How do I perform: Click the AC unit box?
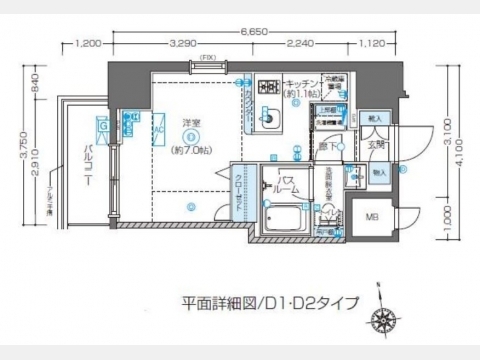tap(158, 129)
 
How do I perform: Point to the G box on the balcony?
tap(102, 127)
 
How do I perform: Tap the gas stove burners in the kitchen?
tap(269, 88)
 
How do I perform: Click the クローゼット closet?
tap(237, 190)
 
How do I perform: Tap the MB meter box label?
tap(371, 217)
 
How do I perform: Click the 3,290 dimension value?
tap(183, 44)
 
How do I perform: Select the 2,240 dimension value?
tap(299, 44)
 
